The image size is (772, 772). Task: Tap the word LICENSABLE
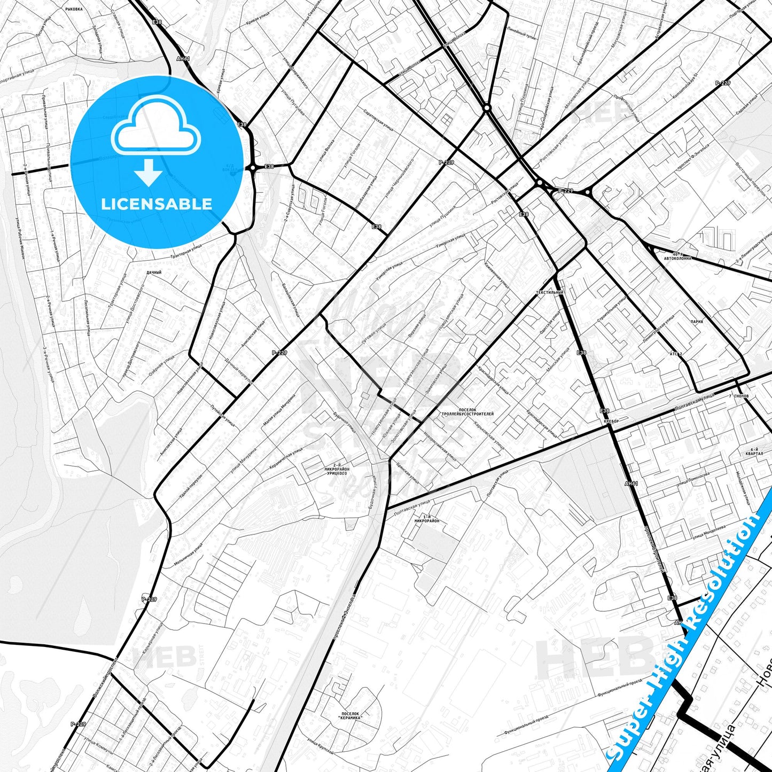[x=157, y=204]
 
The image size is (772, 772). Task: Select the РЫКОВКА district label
[x=74, y=10]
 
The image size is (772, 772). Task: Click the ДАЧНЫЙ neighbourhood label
[x=153, y=272]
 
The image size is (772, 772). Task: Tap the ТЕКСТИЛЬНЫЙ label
[x=550, y=293]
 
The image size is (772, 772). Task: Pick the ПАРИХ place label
[x=697, y=322]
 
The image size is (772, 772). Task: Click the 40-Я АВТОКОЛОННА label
[x=677, y=256]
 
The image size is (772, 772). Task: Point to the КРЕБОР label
[x=611, y=422]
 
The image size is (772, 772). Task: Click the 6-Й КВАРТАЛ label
[x=754, y=451]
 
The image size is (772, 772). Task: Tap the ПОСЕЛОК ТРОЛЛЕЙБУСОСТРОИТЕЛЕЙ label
[x=467, y=412]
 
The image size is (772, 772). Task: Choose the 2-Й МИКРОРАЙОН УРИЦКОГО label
[x=336, y=469]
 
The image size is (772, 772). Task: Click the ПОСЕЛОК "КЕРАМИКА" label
[x=350, y=716]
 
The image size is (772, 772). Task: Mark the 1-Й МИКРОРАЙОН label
[x=427, y=518]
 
